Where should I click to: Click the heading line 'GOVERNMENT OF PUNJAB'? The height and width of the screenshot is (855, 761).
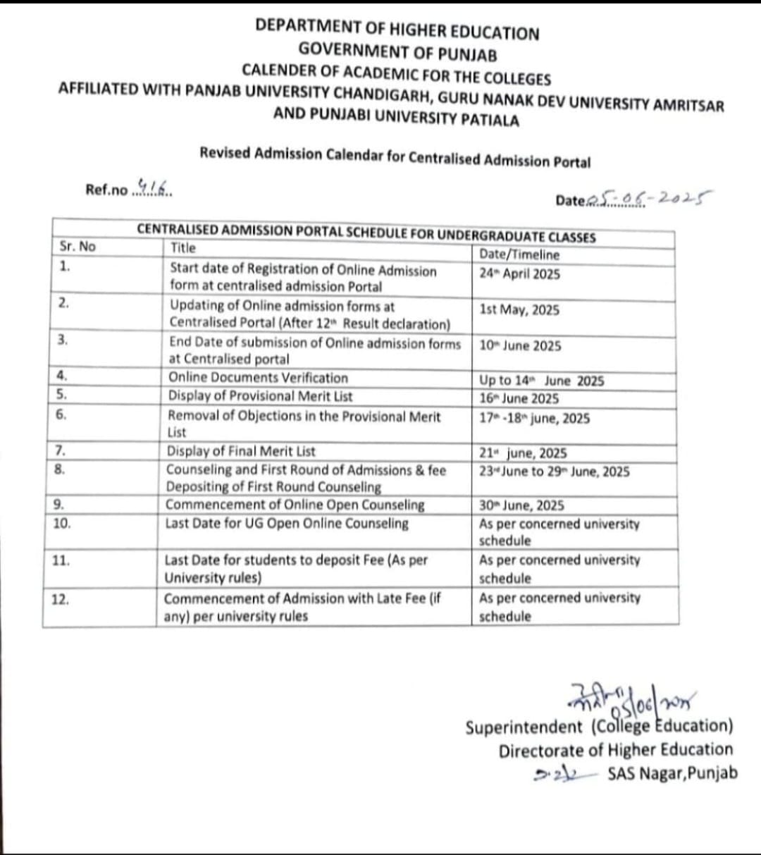tap(397, 52)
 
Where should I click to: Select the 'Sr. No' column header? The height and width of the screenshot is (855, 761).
tap(78, 246)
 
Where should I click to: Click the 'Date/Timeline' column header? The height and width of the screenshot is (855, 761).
tap(519, 254)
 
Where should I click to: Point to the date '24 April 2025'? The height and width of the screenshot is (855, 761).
tap(519, 273)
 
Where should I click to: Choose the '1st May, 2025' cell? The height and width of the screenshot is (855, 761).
tap(519, 309)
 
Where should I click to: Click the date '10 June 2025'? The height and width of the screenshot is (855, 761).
tap(520, 345)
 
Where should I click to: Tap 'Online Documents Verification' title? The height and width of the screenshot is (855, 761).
tap(258, 378)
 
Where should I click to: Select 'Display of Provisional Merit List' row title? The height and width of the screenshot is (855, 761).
tap(260, 396)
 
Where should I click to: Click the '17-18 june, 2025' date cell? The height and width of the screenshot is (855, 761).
tap(534, 418)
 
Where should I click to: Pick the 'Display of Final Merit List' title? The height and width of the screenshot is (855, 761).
tap(241, 451)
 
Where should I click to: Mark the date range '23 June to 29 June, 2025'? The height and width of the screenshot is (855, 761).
tap(554, 472)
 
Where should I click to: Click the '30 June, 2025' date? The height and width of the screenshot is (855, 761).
tap(521, 505)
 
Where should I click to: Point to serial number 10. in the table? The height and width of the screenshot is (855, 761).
tap(62, 523)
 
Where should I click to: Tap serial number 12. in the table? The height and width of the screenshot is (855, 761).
tap(61, 599)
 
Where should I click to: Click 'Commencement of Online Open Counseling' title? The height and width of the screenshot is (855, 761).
tap(295, 505)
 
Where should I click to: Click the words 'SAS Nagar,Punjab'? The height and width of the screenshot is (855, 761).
tap(672, 773)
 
